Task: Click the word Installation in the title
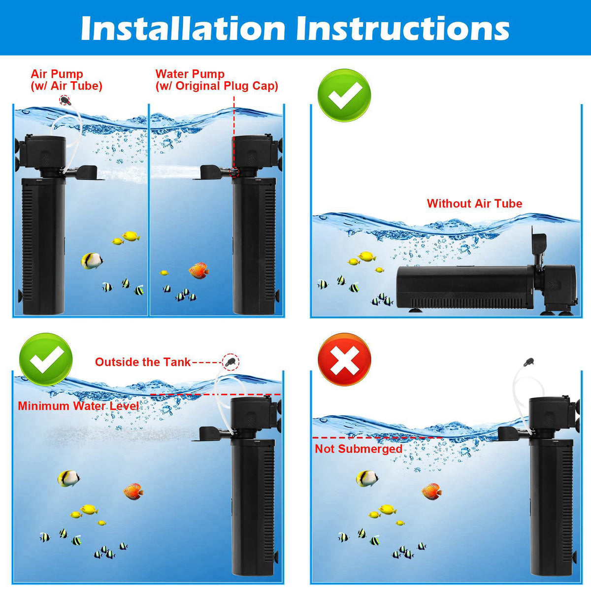pos(183,28)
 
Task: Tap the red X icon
pos(344,360)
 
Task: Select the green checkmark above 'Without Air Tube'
pos(344,95)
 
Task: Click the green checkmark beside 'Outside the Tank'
pos(46,360)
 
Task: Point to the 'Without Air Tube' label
pos(474,203)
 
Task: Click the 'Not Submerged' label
pos(359,449)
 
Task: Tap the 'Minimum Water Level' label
pos(78,406)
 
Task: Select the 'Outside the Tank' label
pos(143,362)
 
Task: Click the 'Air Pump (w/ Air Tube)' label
pos(66,80)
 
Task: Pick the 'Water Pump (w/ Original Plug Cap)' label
pos(217,80)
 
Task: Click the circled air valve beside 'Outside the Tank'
pos(230,361)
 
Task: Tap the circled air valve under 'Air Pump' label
pos(65,100)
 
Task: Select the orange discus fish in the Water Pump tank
pos(199,270)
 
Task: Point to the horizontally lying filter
pos(487,286)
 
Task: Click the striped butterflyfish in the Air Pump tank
pos(92,261)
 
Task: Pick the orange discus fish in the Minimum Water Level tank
pos(133,492)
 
